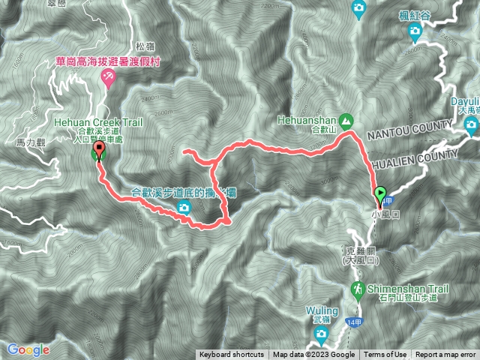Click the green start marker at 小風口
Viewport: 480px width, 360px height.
click(380, 195)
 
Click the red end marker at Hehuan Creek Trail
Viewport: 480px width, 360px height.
click(98, 153)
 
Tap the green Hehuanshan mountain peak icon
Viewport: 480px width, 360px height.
click(346, 120)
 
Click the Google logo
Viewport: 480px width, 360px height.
click(28, 349)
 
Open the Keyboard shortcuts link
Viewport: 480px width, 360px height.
click(232, 355)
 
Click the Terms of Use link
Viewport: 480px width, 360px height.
click(385, 355)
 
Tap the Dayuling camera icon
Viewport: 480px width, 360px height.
click(472, 124)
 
